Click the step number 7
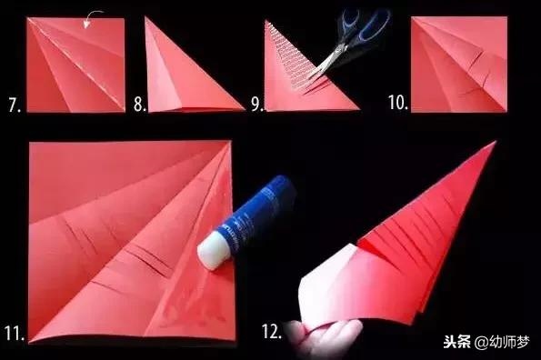15,105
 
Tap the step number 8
140,105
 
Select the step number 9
257,105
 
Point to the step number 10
398,103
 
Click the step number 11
15,333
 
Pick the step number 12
272,332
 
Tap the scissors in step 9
348,42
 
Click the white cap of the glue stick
214,250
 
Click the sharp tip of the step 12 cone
496,141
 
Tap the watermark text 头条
456,342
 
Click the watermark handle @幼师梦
502,342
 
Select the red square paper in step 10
459,65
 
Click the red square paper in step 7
75,65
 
